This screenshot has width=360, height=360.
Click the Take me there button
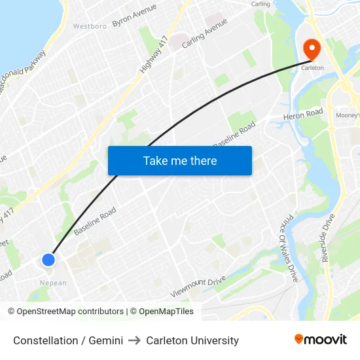point(180,160)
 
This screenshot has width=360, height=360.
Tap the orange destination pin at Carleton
point(311,48)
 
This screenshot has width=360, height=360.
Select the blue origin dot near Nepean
point(48,260)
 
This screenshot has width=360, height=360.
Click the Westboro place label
point(90,27)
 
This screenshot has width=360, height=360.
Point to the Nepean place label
point(53,283)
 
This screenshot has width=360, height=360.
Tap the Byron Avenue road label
point(134,15)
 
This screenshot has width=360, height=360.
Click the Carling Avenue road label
point(205,32)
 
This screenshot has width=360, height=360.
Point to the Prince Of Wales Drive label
point(288,249)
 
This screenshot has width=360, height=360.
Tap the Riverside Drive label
point(328,238)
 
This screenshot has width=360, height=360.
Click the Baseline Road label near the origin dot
point(95,222)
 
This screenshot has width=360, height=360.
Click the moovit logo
point(321,340)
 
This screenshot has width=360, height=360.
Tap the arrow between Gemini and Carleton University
point(134,340)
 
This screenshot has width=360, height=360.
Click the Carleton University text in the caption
point(192,340)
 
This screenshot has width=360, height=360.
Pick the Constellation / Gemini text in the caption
point(68,340)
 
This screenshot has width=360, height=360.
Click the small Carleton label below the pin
point(312,67)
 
